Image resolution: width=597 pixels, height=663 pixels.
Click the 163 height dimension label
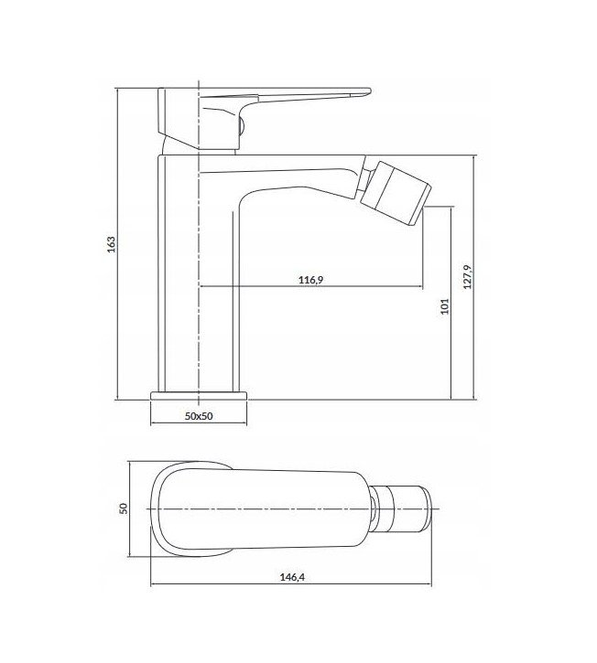click(111, 244)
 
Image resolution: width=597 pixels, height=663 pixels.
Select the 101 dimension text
click(444, 306)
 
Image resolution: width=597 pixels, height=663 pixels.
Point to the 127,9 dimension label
click(467, 277)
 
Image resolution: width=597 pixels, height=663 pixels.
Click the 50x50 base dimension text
click(199, 416)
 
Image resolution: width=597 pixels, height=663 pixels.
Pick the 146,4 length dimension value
click(292, 577)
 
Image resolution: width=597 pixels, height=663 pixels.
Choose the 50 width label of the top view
click(124, 508)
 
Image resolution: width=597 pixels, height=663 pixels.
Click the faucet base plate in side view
click(199, 395)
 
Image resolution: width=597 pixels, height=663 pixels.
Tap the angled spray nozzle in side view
click(396, 192)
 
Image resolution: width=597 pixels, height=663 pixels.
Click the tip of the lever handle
click(370, 90)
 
